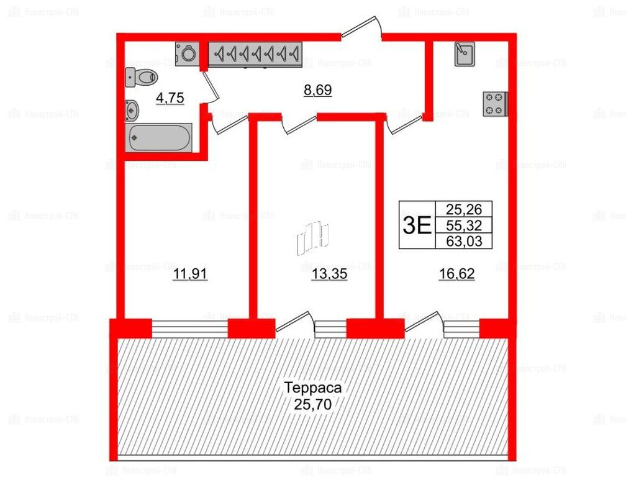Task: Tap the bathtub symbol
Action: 158,138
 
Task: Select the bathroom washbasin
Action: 132,110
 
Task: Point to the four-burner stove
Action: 495,104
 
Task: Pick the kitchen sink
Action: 465,54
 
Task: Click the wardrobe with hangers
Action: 255,53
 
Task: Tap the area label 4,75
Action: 170,98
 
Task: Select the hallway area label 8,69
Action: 318,90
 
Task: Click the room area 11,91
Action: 190,275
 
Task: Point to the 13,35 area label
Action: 329,275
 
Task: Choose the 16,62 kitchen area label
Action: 456,274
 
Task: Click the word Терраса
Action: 313,388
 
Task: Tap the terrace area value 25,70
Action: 313,405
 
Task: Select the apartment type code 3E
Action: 417,226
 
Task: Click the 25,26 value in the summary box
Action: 464,209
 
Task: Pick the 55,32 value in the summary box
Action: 464,225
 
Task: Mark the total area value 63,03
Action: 464,241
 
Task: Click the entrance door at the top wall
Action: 361,28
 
